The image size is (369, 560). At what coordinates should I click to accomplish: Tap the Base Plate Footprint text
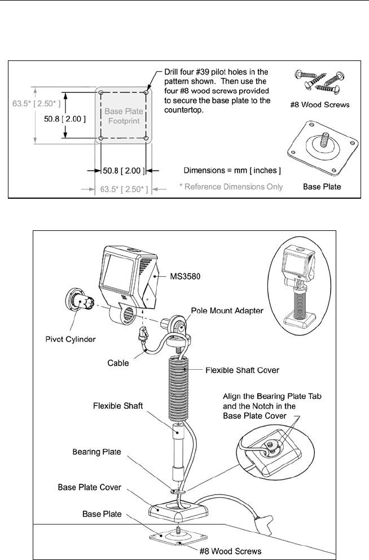124,115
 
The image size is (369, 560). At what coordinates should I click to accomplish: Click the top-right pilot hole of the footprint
146,93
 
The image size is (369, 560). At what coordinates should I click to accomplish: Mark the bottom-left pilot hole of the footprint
101,138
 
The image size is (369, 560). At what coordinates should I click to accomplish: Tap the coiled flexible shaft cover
181,384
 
